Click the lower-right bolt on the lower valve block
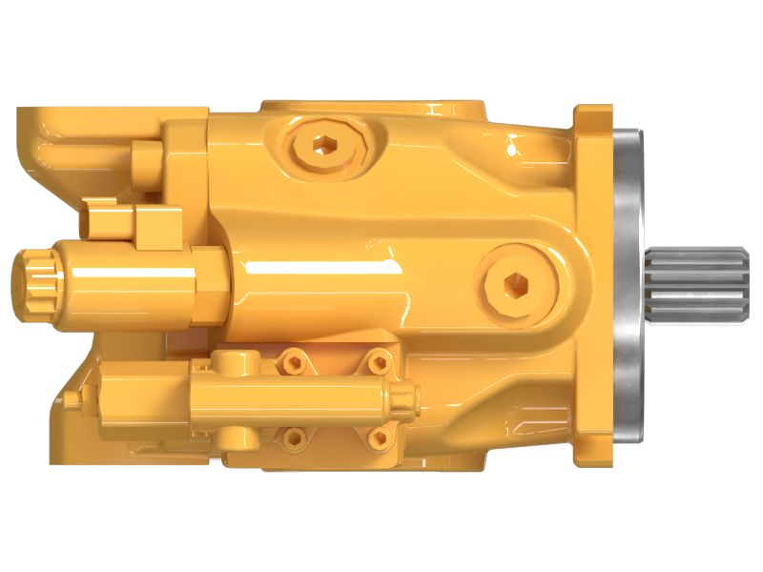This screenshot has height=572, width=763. (x=380, y=436)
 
